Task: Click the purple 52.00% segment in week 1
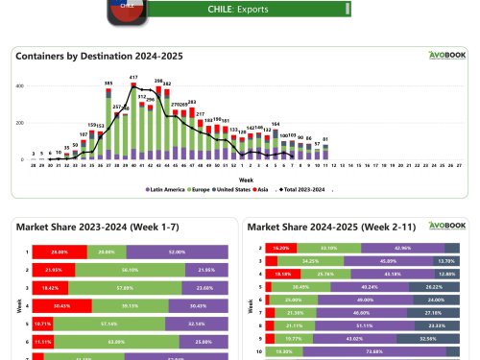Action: (177, 252)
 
